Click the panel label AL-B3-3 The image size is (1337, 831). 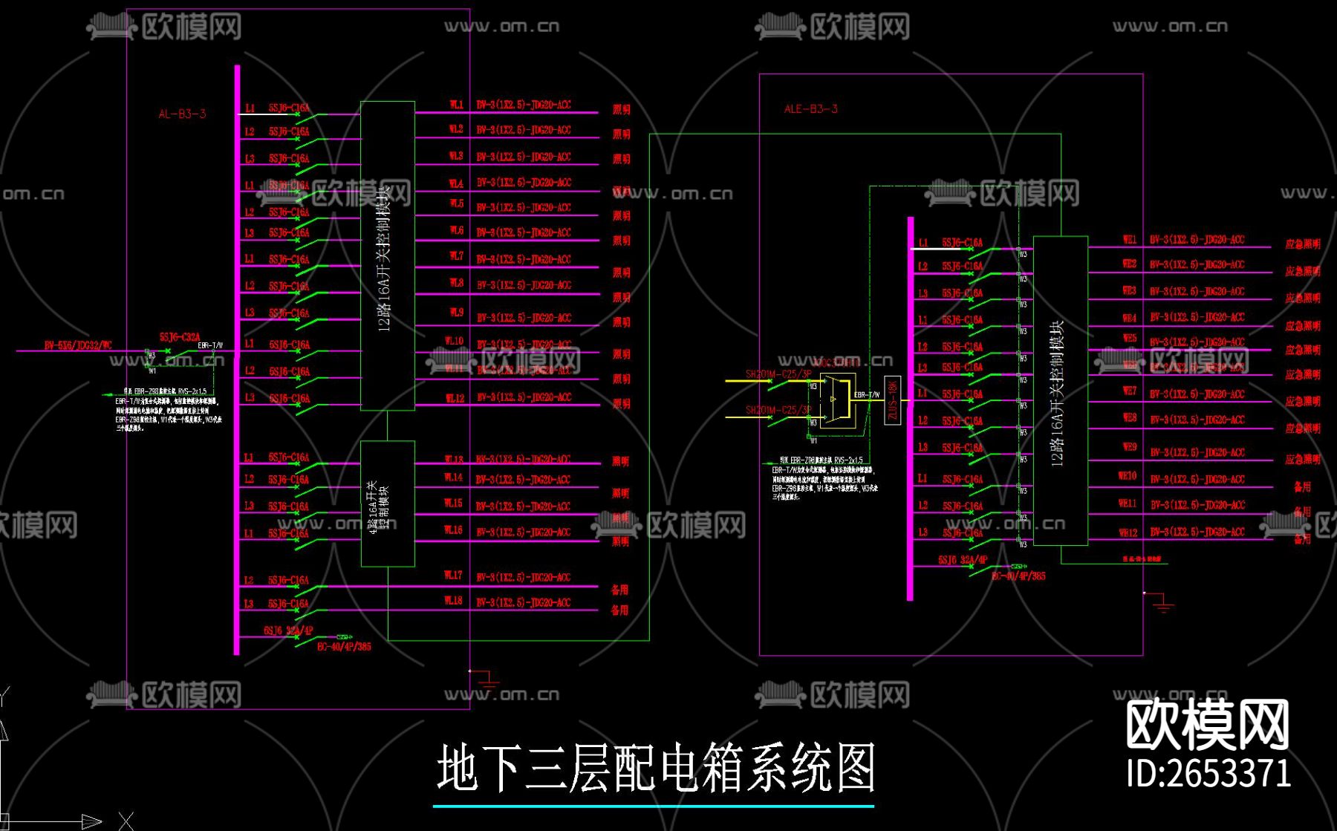(182, 114)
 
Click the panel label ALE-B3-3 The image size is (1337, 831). (810, 108)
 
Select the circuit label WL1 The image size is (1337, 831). (456, 105)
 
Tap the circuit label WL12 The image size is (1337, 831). (455, 398)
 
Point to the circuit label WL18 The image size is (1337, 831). (453, 600)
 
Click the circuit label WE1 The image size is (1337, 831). (1129, 239)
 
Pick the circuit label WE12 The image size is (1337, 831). (1128, 532)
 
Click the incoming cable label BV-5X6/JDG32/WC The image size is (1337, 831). (78, 345)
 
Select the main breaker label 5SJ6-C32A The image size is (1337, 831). (180, 336)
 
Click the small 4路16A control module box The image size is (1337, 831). (387, 504)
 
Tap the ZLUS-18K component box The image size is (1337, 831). (892, 400)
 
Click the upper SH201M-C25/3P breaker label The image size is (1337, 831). (778, 374)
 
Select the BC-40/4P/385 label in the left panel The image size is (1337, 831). (344, 646)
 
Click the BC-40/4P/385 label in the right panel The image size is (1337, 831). (1018, 576)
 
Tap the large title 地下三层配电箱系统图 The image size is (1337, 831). (655, 768)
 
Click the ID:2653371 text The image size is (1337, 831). (1208, 773)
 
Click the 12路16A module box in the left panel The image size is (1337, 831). (387, 255)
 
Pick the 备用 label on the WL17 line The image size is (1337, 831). (619, 589)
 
